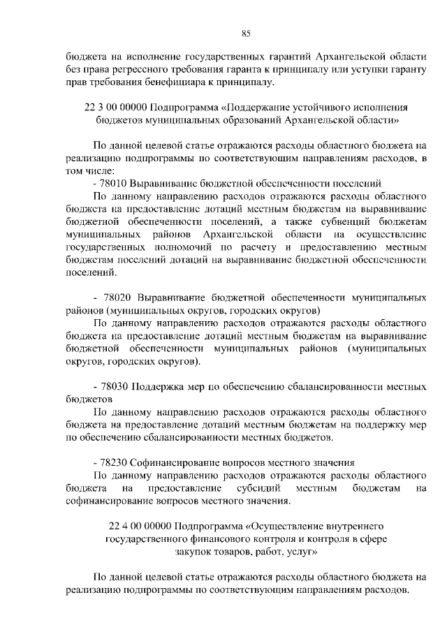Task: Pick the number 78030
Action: point(115,388)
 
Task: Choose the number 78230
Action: point(115,462)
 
